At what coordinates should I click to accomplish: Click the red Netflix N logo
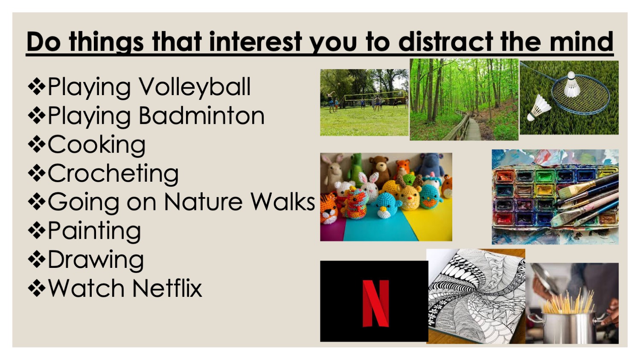(x=375, y=303)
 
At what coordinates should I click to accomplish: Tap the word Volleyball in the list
(x=195, y=87)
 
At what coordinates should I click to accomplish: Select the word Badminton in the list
(x=201, y=116)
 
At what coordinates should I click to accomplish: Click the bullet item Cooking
(x=96, y=145)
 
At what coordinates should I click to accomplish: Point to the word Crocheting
(x=113, y=174)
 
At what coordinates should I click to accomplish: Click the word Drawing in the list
(x=96, y=260)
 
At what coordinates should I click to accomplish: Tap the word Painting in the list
(x=94, y=231)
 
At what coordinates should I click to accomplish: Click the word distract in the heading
(x=445, y=42)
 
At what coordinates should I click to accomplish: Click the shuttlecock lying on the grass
(x=539, y=107)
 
